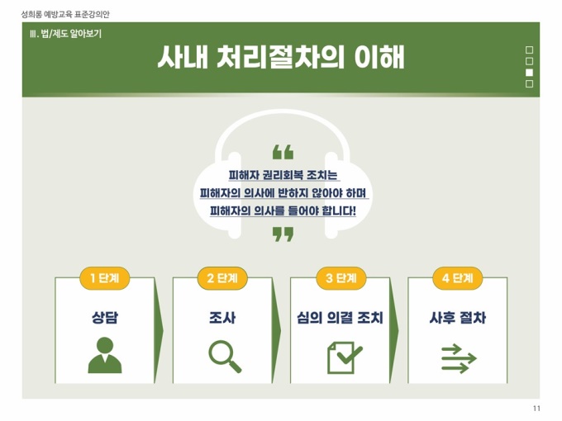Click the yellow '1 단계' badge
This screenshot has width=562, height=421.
pos(104,278)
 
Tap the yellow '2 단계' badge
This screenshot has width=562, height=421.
pos(222,278)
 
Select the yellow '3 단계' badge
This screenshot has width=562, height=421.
pos(341,278)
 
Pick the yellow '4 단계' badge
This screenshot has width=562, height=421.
pos(457,278)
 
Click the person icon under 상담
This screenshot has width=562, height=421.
pos(105,355)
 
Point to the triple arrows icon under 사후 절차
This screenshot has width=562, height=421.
pos(459,358)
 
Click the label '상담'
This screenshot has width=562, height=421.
pos(105,318)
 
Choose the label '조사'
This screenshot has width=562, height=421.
pos(222,318)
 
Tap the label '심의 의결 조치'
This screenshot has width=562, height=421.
pos(341,318)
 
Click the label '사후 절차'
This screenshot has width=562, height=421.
pos(458,318)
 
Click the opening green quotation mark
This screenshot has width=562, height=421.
pos(283,152)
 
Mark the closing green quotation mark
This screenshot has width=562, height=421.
pos(283,234)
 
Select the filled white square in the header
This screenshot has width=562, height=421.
pos(529,73)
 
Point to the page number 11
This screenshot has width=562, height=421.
pos(536,409)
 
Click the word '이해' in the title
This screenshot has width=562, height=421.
pos(379,57)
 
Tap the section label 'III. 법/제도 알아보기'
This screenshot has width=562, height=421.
pos(66,34)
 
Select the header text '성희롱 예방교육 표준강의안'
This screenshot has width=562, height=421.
pos(65,14)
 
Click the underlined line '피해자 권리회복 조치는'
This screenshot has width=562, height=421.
pos(283,175)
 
